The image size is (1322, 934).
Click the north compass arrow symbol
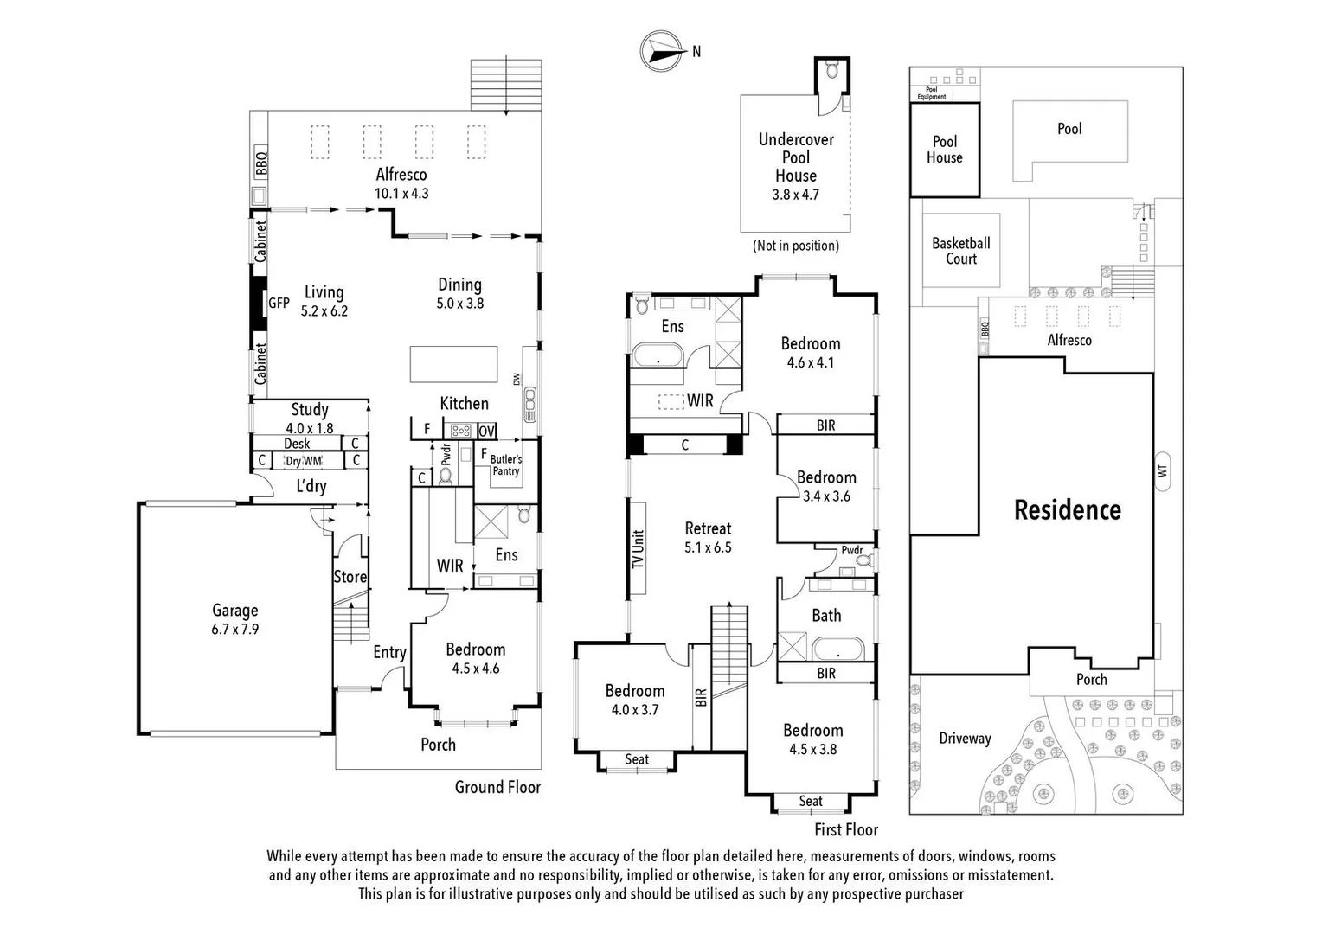coord(659,50)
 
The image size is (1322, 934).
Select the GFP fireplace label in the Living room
coord(279,304)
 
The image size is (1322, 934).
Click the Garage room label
coord(234,611)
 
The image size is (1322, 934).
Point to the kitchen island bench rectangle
coord(453,363)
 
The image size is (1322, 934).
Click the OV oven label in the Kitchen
coord(486,431)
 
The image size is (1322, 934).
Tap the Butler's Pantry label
coord(506,465)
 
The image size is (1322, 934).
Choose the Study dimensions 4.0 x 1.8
coord(310,428)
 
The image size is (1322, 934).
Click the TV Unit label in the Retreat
coord(639,548)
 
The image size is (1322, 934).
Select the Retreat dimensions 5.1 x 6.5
coord(708,547)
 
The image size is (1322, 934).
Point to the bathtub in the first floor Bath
coord(837,649)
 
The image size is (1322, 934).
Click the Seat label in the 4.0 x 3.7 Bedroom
coord(637,759)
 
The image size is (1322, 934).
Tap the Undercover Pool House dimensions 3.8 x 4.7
coord(795,195)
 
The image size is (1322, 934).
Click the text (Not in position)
coord(796,246)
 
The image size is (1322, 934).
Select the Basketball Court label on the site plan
coord(960,251)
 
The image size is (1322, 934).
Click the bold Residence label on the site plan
coord(1067,510)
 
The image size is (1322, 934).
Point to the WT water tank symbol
coord(1163,470)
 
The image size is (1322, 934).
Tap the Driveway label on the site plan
coord(965,739)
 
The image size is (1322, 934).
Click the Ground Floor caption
coord(497,787)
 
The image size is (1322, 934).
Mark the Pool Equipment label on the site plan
coord(932,93)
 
